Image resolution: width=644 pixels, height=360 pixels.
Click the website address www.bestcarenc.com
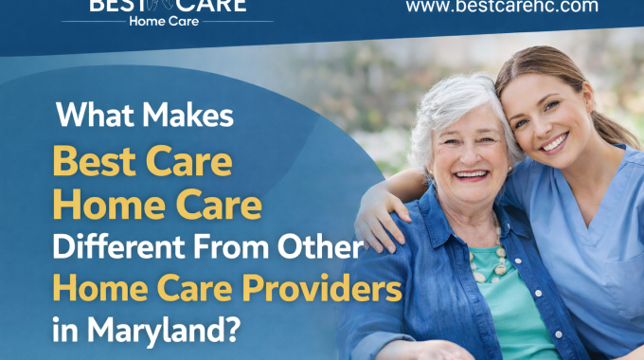(x=501, y=7)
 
